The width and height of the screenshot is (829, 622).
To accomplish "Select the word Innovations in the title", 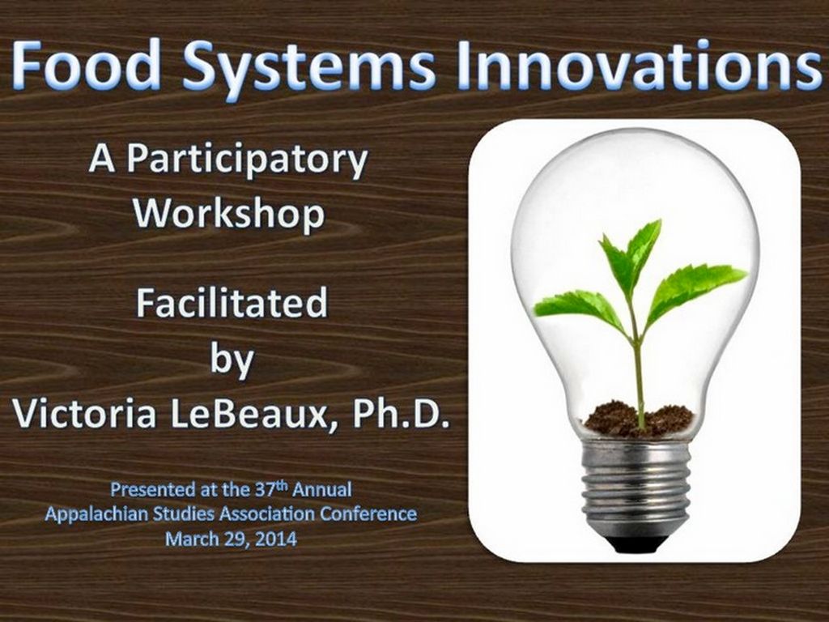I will point(638,66).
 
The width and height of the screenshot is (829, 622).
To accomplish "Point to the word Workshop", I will point(229,213).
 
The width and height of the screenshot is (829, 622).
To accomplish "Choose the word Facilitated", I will point(232,304).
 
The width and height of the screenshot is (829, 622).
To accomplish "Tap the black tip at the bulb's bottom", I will point(636,543).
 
